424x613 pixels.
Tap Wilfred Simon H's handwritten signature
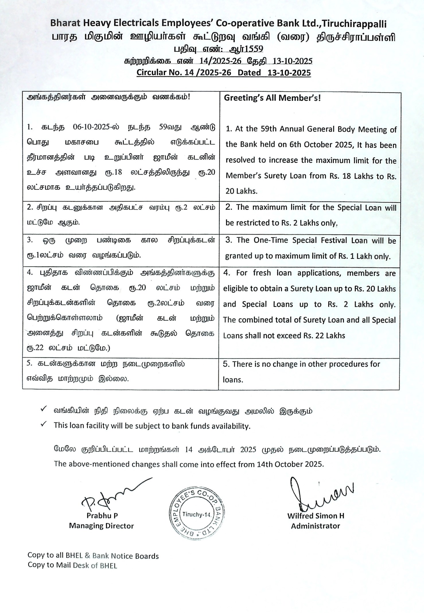tap(318, 494)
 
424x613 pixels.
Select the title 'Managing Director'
tap(101, 526)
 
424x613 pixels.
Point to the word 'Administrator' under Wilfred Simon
tap(315, 526)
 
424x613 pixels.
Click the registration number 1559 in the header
tap(253, 49)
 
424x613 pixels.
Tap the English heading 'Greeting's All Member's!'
tap(272, 98)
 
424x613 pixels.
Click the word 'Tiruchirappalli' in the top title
tap(354, 24)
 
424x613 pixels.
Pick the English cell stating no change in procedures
tap(309, 372)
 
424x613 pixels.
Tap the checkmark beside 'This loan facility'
tap(44, 424)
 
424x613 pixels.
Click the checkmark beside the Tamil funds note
tap(44, 409)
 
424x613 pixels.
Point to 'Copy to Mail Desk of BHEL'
tap(72, 565)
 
